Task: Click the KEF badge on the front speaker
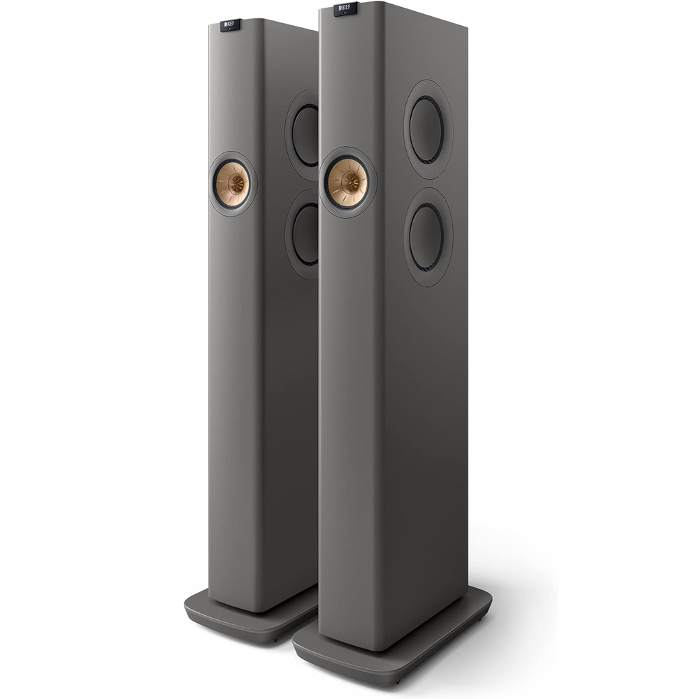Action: point(345,9)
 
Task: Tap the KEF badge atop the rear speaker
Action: point(231,25)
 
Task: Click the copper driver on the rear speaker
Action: point(231,182)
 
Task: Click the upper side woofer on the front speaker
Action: point(426,129)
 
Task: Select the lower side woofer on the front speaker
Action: point(426,237)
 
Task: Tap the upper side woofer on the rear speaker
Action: point(306,135)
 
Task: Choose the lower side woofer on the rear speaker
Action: point(306,233)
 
